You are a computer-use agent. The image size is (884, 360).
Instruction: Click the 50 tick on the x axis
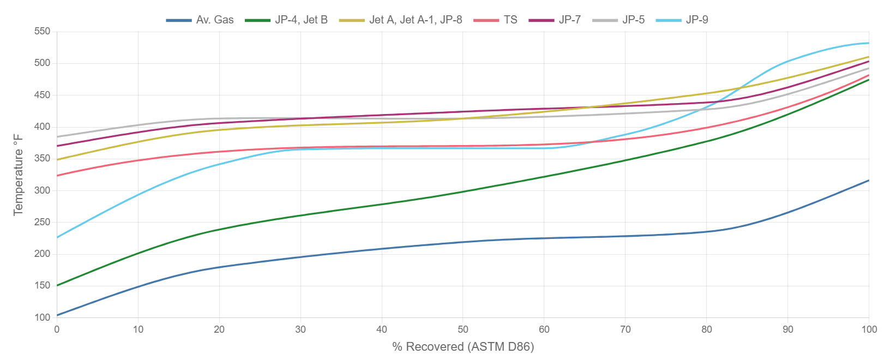(463, 329)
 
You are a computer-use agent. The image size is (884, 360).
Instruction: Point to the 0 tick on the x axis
(57, 329)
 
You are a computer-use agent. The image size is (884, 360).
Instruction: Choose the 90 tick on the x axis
(787, 329)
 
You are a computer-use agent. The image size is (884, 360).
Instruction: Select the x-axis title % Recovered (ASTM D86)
(462, 347)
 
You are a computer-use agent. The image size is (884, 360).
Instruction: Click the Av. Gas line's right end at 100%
(869, 181)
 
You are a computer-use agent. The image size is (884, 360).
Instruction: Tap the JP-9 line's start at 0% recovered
(57, 237)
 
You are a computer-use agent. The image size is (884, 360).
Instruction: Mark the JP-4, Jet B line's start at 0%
(57, 285)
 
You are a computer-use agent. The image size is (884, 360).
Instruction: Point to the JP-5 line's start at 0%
(57, 136)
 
